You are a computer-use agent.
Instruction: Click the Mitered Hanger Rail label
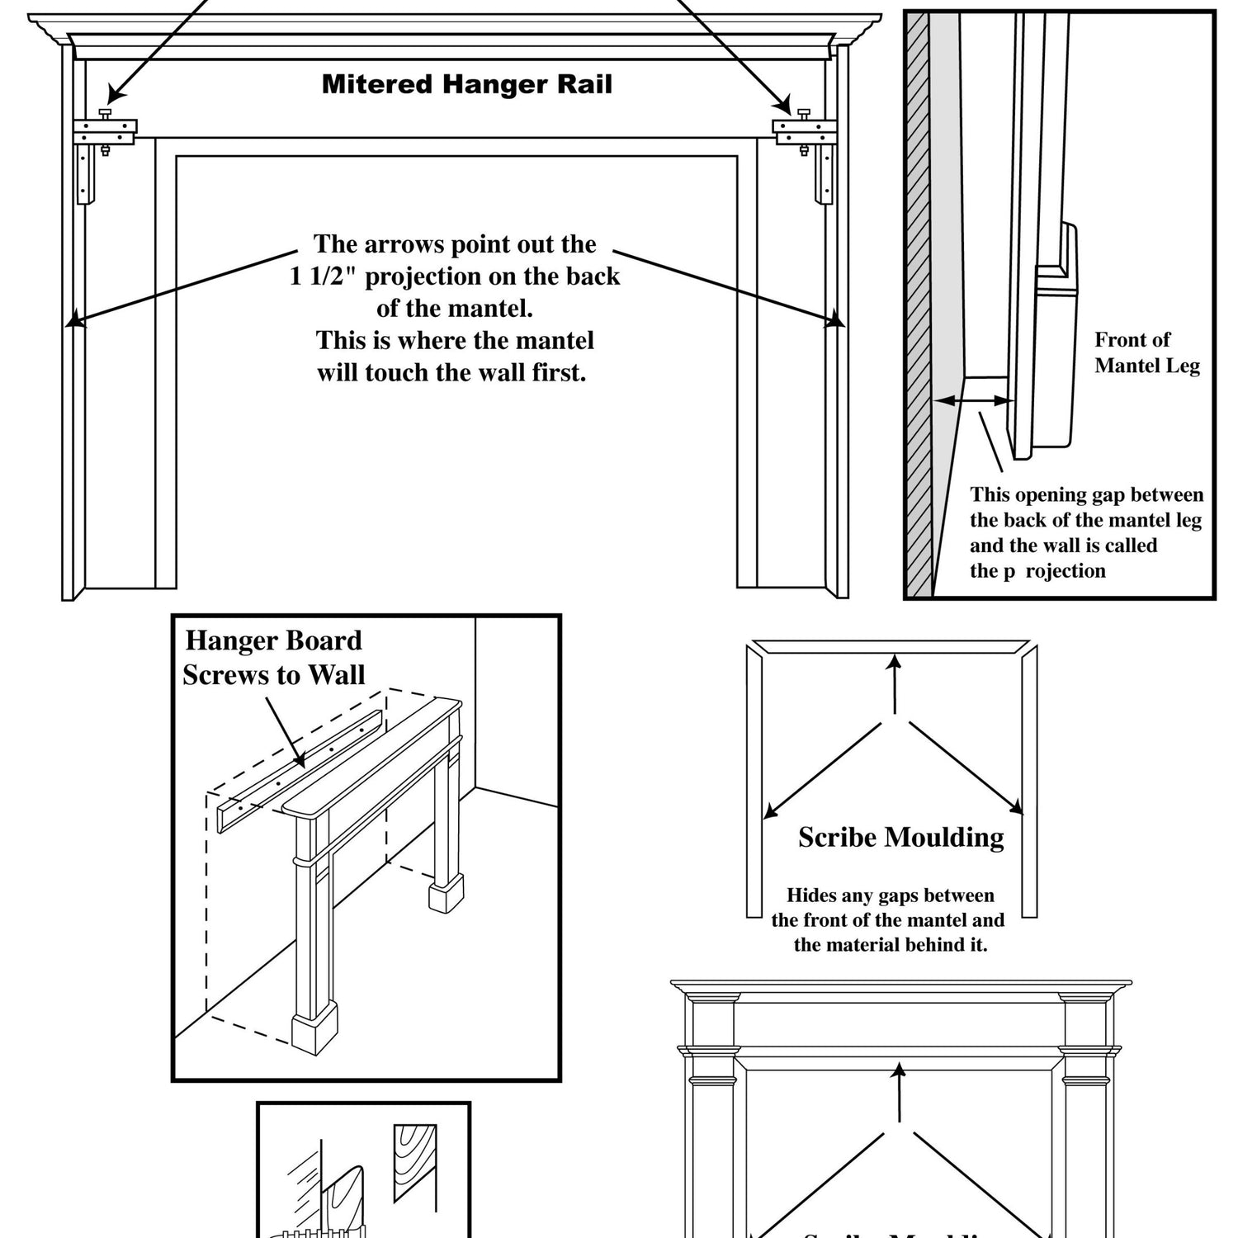[467, 84]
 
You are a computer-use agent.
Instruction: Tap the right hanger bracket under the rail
[804, 130]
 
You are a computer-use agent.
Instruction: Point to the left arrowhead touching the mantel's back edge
[75, 319]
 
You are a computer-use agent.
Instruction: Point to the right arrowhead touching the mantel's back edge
[835, 319]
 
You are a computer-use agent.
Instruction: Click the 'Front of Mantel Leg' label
[1146, 352]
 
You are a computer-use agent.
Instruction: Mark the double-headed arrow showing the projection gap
[973, 401]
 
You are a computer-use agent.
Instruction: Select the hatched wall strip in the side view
[917, 305]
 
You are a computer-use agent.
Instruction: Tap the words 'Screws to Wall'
[274, 675]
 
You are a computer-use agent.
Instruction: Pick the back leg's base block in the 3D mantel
[446, 895]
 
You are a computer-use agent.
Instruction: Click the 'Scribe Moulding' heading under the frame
[900, 838]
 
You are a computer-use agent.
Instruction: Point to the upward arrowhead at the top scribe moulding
[895, 659]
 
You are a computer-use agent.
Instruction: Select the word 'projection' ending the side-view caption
[1065, 571]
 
